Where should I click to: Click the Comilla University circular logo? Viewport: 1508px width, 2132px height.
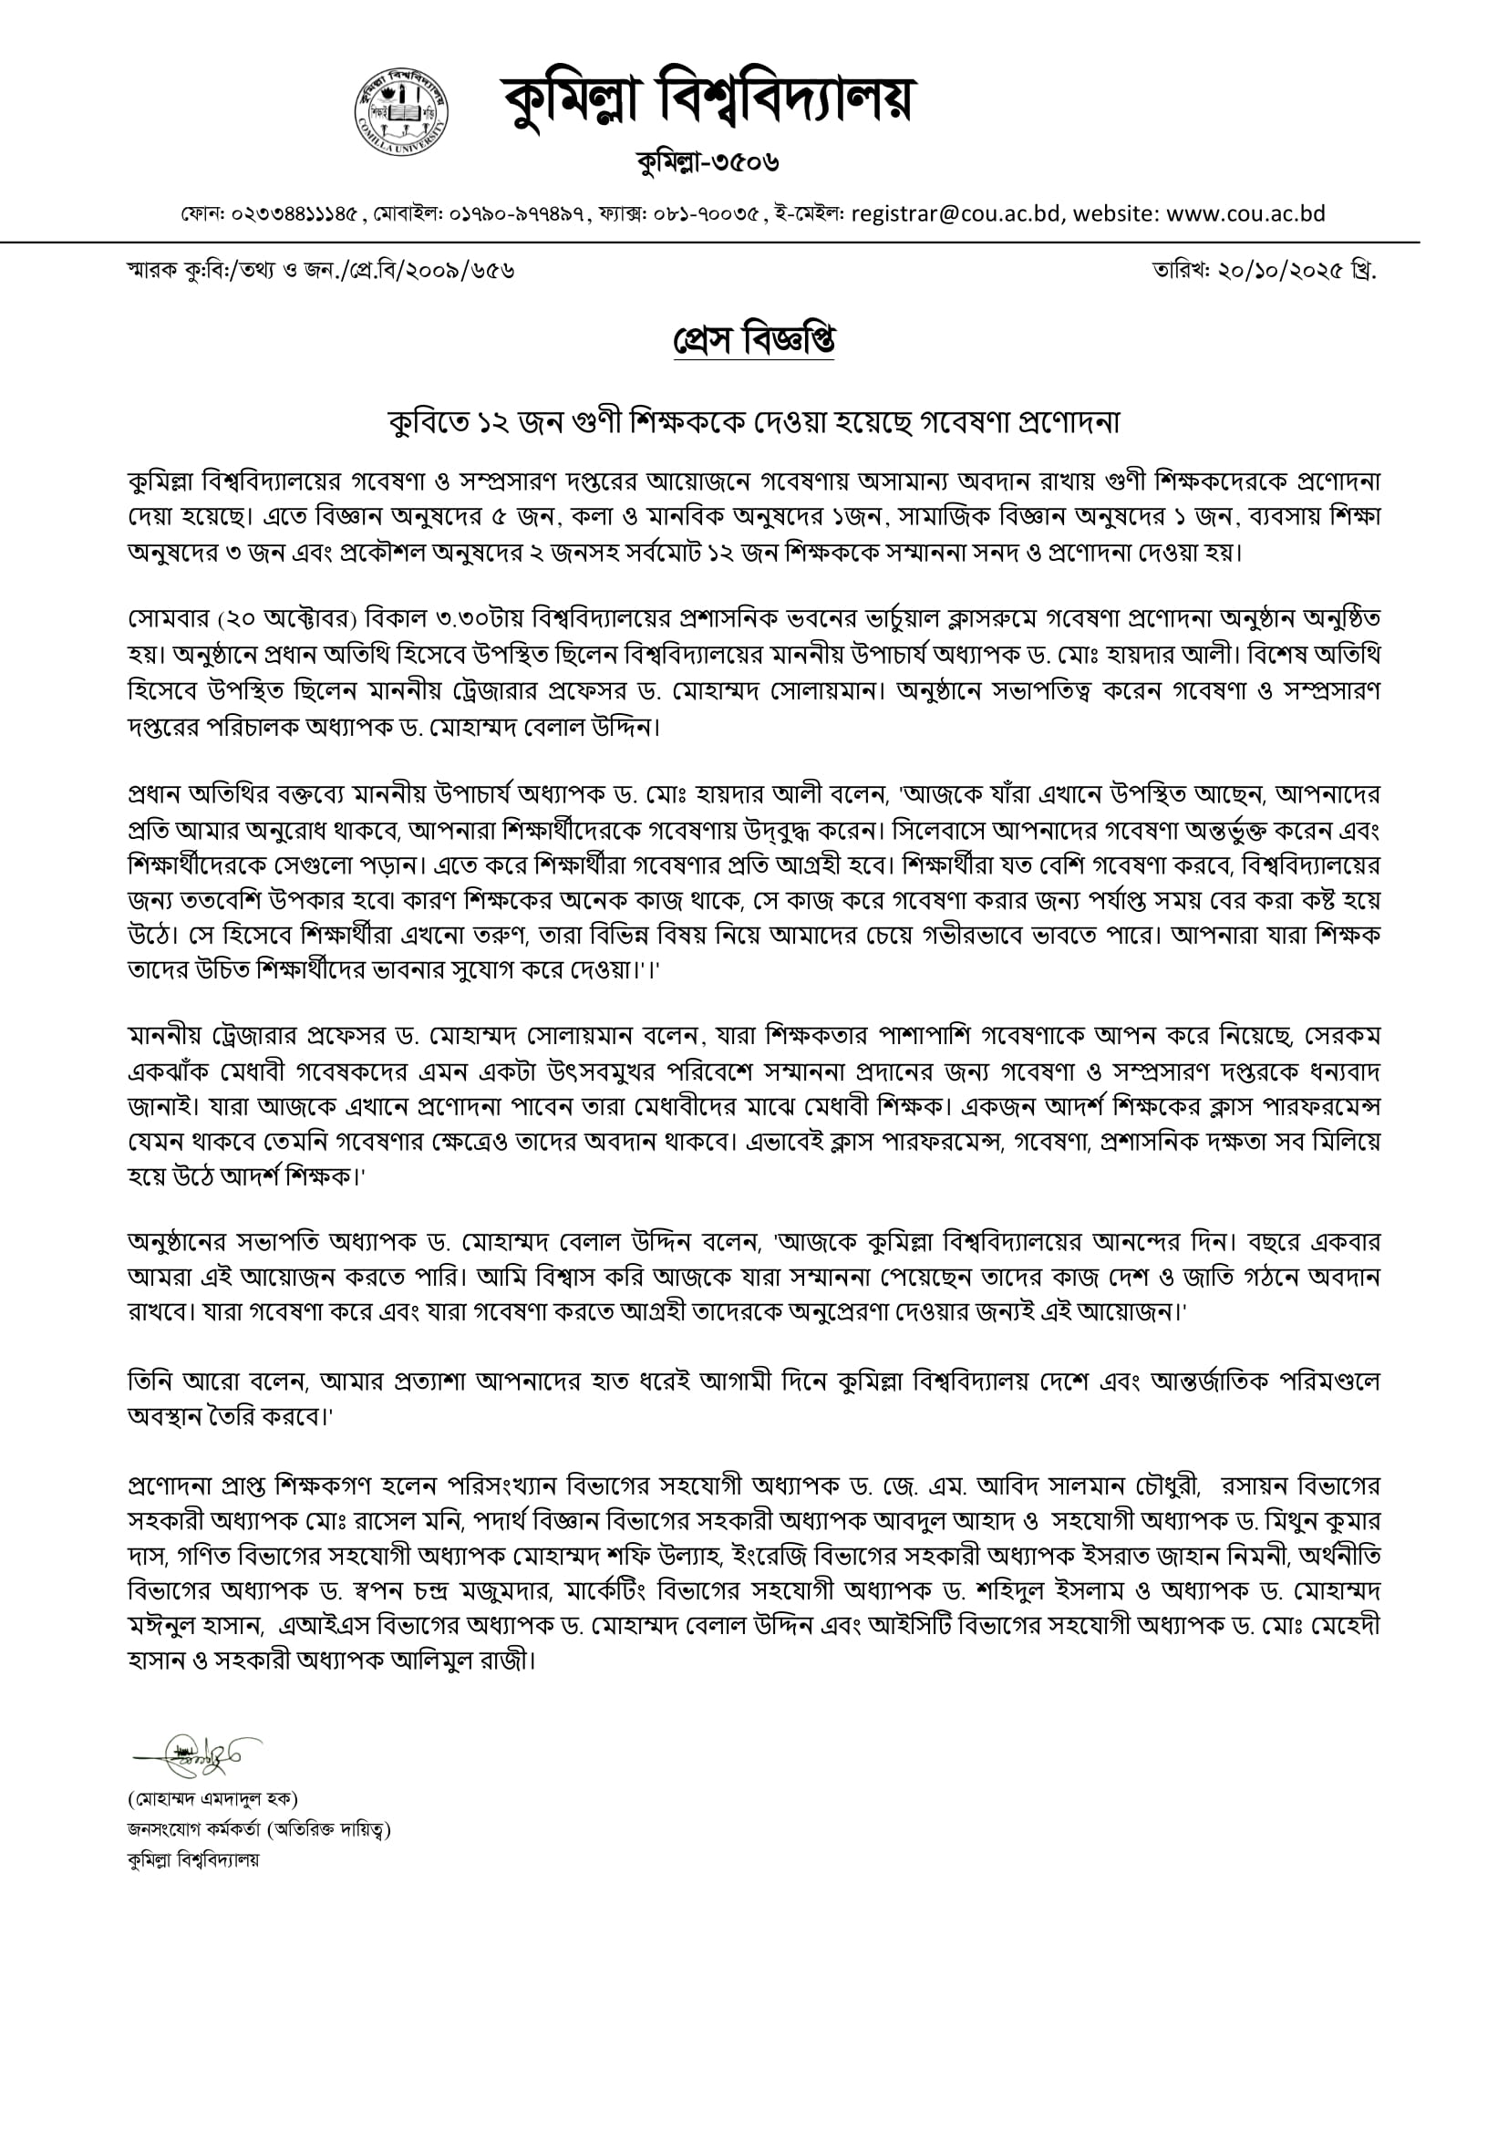pos(401,110)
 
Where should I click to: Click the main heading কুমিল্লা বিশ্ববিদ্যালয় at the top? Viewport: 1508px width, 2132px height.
pos(708,99)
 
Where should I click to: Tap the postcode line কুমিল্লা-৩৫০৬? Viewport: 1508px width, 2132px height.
pos(708,162)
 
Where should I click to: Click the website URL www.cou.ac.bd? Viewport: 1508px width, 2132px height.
pos(1245,213)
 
